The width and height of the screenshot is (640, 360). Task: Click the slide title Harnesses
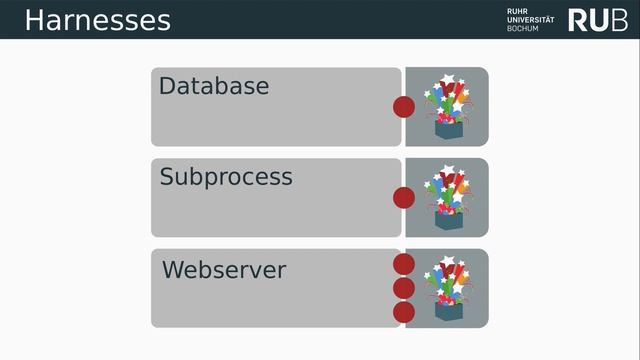pos(98,20)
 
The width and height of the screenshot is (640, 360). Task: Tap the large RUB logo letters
pos(598,20)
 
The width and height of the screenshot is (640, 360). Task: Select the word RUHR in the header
pos(517,11)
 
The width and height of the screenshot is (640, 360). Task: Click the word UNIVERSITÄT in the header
pos(531,20)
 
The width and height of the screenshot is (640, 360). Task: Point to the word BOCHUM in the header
pos(523,28)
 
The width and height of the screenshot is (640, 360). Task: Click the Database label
pos(214,86)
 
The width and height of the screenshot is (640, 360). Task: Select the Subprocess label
pos(226,178)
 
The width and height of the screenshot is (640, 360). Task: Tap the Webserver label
pos(224,270)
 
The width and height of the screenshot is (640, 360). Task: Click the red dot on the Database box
pos(404,107)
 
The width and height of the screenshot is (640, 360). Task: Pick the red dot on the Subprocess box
pos(404,198)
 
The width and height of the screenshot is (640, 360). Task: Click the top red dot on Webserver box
pos(404,264)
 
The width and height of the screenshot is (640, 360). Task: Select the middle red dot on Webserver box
pos(404,288)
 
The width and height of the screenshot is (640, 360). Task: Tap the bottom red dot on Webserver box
pos(404,313)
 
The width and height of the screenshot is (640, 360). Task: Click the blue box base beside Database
pos(449,130)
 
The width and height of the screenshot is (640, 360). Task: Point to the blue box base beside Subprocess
pos(449,221)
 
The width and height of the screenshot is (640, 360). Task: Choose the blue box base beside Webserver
pos(449,312)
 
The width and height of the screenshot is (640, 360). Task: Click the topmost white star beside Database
pos(448,78)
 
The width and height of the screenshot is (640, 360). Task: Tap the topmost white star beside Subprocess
pos(448,169)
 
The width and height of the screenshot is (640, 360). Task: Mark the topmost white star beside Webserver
pos(448,260)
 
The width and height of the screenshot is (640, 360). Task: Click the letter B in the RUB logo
pos(620,20)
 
